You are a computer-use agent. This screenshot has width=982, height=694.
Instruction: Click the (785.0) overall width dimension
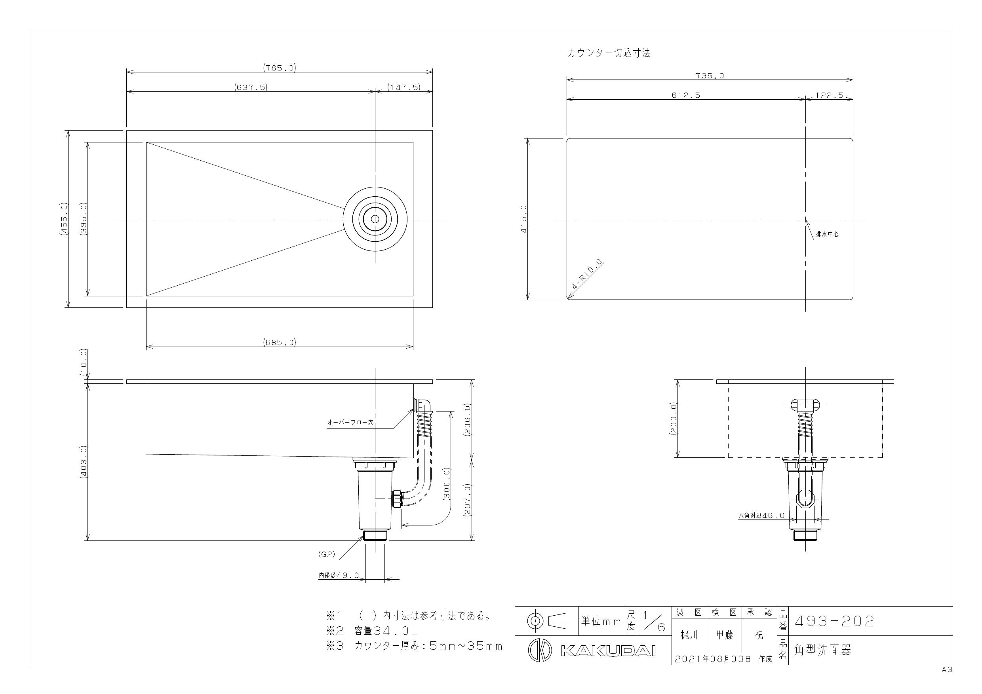[x=279, y=68]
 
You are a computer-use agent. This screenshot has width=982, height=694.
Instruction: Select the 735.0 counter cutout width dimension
[x=710, y=76]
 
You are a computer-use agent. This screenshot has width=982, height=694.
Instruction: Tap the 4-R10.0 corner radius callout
[x=587, y=275]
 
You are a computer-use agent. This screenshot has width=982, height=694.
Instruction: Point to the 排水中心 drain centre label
[x=827, y=235]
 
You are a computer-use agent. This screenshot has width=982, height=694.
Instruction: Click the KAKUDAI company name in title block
[x=608, y=650]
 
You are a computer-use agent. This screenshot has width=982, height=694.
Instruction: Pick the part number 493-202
[x=834, y=621]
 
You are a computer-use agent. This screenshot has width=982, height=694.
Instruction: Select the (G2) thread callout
[x=327, y=555]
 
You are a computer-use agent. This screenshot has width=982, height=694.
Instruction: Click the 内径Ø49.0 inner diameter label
[x=339, y=576]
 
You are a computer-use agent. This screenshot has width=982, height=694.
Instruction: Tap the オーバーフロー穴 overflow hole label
[x=350, y=422]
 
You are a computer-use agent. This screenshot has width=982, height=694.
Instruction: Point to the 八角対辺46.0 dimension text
[x=761, y=516]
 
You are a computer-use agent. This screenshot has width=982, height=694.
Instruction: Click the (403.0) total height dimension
[x=84, y=461]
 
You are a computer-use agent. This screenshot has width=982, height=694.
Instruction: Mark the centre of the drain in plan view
[x=375, y=219]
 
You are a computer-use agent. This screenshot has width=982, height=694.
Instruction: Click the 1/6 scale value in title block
[x=654, y=621]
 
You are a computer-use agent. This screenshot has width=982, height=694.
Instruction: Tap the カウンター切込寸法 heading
[x=609, y=53]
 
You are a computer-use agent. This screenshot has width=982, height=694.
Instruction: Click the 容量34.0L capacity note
[x=386, y=631]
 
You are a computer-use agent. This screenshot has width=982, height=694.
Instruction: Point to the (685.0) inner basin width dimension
[x=279, y=342]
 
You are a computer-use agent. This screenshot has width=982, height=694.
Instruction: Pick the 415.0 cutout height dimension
[x=523, y=219]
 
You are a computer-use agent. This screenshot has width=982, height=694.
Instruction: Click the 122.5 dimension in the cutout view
[x=829, y=95]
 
